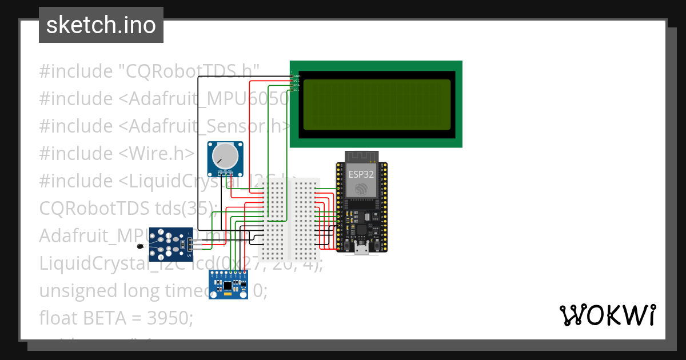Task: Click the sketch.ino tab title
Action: click(x=101, y=25)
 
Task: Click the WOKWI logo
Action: click(x=607, y=315)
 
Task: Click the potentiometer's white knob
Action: click(x=224, y=155)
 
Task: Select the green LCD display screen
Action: click(x=376, y=104)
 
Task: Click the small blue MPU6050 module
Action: click(x=228, y=285)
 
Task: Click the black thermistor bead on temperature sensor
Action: click(x=140, y=246)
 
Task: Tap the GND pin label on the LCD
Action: click(x=297, y=76)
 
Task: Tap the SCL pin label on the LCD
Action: click(x=297, y=90)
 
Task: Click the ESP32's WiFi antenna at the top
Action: click(x=361, y=157)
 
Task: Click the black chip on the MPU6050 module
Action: click(x=228, y=285)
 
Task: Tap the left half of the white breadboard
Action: click(x=275, y=217)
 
